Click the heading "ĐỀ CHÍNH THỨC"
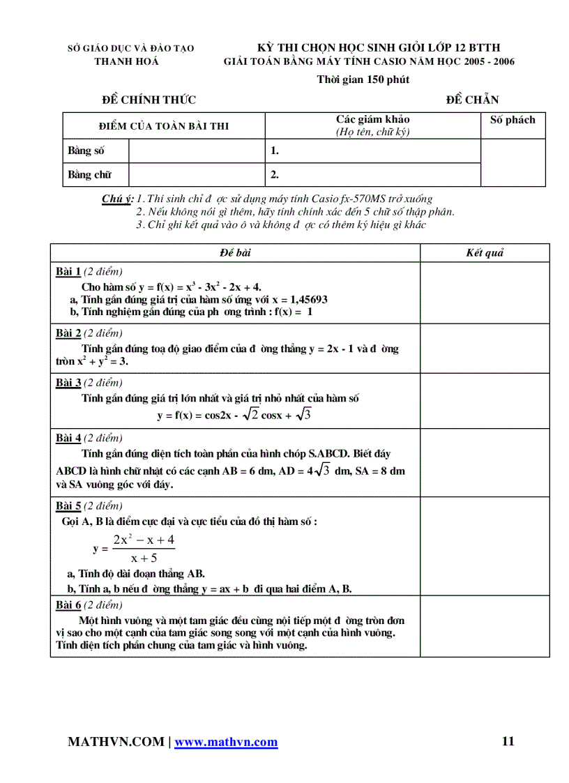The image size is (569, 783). click(x=149, y=100)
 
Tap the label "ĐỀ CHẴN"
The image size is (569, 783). click(x=472, y=100)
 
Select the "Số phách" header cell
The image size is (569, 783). click(x=513, y=120)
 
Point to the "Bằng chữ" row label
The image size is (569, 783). click(x=89, y=175)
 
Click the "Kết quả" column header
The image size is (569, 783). click(x=485, y=253)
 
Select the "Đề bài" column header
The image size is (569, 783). click(x=234, y=253)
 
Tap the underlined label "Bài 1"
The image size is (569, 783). click(x=68, y=272)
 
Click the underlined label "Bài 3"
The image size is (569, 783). click(x=68, y=383)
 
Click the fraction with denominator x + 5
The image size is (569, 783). click(x=143, y=548)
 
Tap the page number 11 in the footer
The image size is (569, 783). click(x=508, y=741)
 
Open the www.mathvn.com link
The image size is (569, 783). click(x=226, y=743)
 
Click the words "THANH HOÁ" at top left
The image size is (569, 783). click(x=126, y=61)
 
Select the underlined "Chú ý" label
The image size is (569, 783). click(x=116, y=199)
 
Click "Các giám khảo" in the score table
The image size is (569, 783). click(x=373, y=120)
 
